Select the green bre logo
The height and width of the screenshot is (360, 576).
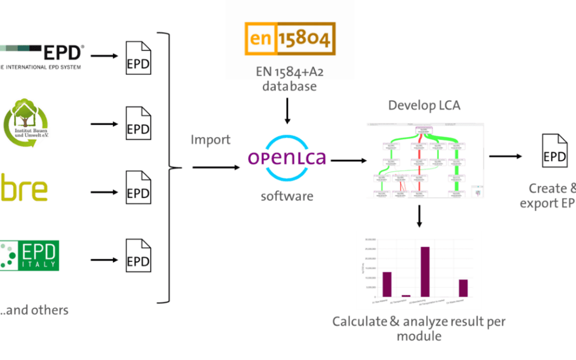(x=24, y=190)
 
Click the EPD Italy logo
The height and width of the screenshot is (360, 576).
(x=29, y=255)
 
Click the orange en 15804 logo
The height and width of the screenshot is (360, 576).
(x=290, y=39)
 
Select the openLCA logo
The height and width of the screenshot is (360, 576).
(x=287, y=158)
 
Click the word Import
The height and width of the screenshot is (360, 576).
(x=211, y=140)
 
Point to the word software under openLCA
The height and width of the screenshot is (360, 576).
(x=287, y=196)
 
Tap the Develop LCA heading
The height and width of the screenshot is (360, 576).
(x=424, y=105)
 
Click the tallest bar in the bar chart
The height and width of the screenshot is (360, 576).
(x=425, y=271)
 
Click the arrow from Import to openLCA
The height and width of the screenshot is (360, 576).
(x=216, y=167)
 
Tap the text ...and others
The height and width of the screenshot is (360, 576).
(x=34, y=310)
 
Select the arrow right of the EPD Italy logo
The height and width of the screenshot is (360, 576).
(x=103, y=260)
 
